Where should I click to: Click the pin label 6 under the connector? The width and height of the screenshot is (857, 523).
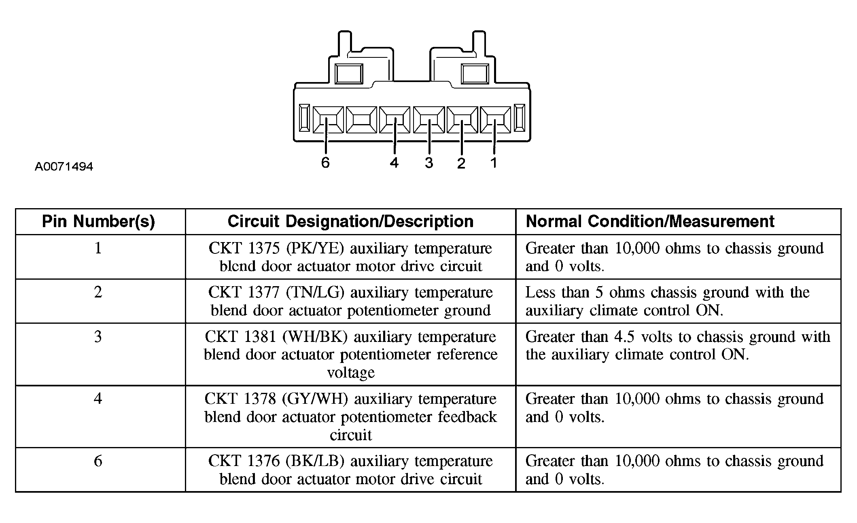(325, 162)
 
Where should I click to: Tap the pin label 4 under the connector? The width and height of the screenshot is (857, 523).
(395, 162)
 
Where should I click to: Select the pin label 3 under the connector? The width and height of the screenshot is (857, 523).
(429, 162)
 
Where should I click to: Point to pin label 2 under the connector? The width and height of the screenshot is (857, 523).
(461, 163)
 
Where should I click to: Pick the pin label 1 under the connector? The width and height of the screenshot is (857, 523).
(494, 162)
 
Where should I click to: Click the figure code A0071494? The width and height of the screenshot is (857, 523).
(64, 167)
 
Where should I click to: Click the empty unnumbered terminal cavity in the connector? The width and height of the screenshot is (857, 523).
(361, 120)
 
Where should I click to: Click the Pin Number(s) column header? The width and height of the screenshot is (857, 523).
(99, 221)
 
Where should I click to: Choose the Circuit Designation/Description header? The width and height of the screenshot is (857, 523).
(350, 221)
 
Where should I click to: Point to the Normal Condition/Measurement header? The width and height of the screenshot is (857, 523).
(650, 221)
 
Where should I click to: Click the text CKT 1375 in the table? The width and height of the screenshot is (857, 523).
(244, 248)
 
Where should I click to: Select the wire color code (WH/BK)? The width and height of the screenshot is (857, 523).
(315, 337)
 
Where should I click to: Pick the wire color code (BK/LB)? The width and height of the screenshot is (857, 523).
(315, 461)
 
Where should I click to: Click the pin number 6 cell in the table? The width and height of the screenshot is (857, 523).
(98, 461)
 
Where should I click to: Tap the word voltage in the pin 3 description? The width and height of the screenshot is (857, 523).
(351, 372)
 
